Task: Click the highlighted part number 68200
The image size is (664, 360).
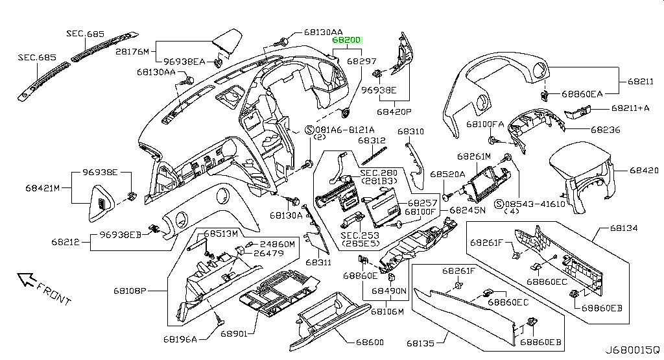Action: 347,40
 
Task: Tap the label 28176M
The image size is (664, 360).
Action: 132,51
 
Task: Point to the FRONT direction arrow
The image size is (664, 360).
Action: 27,280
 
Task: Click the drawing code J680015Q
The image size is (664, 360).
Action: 633,349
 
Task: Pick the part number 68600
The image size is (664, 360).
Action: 370,342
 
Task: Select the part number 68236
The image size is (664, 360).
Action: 604,130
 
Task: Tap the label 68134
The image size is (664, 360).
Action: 623,229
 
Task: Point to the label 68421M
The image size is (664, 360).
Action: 43,188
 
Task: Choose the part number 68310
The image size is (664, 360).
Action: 410,131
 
